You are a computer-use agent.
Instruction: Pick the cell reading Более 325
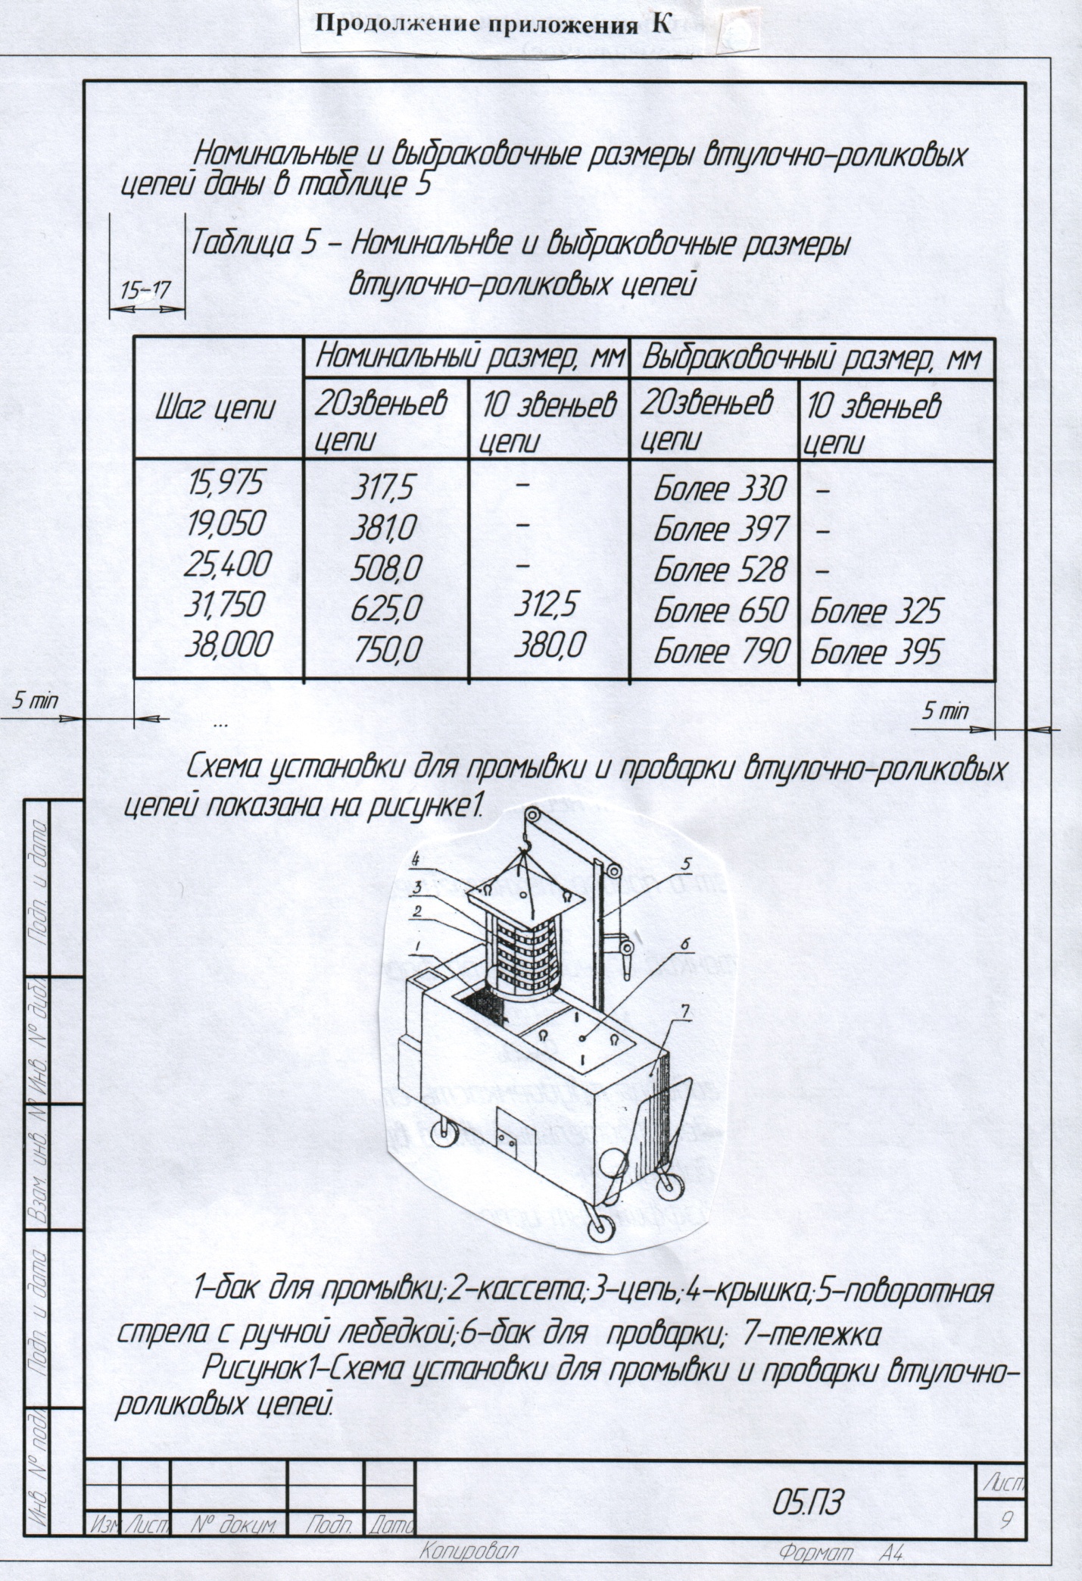pyautogui.click(x=875, y=611)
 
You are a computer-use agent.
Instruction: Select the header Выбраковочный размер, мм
pyautogui.click(x=809, y=358)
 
